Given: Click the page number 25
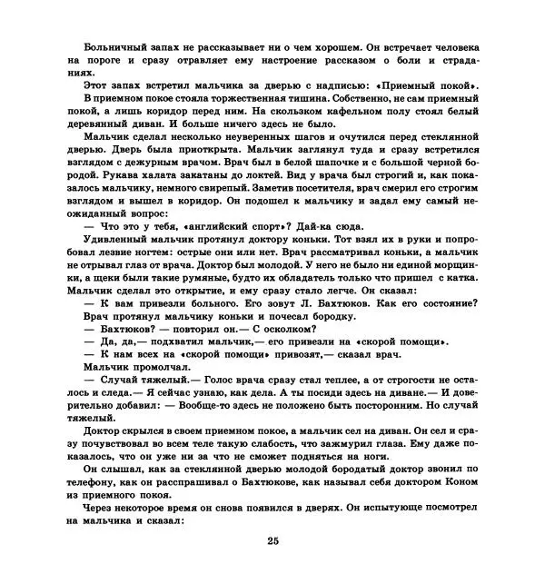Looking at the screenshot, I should (x=272, y=542).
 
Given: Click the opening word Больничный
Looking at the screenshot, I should (x=114, y=45).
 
